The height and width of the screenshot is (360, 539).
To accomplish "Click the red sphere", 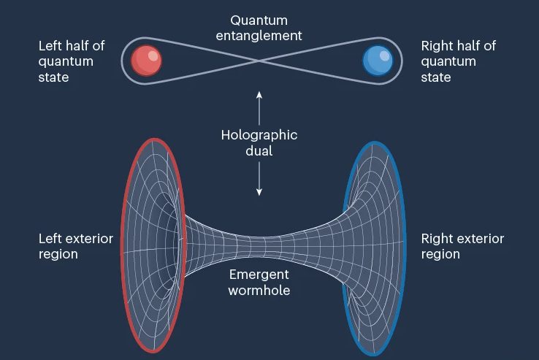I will tap(146, 60).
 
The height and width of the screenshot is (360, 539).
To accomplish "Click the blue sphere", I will tap(378, 60).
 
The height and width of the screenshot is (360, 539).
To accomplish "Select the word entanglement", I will tap(259, 34).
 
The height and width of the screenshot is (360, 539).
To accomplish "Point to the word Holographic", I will tap(259, 135).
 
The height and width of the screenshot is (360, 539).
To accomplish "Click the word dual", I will tap(259, 151).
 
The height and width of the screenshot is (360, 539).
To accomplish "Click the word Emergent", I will tap(259, 275).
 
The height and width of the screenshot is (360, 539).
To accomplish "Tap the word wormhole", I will tap(259, 290).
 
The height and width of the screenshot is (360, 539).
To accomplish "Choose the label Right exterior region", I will tap(462, 246).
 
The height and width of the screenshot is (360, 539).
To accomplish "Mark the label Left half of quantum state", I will tap(71, 61).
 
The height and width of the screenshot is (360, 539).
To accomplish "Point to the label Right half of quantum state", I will tap(458, 61).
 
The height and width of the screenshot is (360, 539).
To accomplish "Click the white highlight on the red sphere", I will tap(152, 55).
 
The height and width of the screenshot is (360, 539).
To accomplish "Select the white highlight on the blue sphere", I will tap(384, 55).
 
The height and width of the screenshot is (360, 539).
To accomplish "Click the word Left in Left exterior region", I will tap(50, 239).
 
